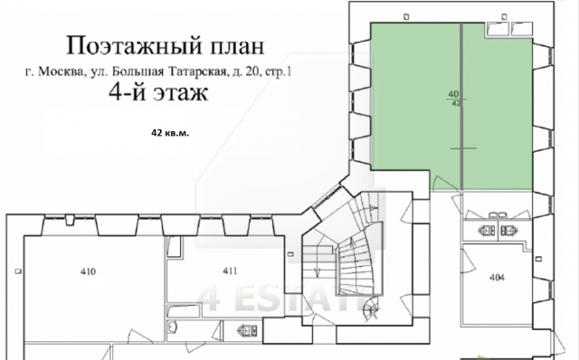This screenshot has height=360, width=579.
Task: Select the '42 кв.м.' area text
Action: click(x=171, y=132)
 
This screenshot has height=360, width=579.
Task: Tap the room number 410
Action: click(x=88, y=270)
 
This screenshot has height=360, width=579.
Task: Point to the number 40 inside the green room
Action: click(x=452, y=94)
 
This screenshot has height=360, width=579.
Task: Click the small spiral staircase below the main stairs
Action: click(x=368, y=310)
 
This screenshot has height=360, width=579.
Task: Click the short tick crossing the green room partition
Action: click(x=461, y=147)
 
